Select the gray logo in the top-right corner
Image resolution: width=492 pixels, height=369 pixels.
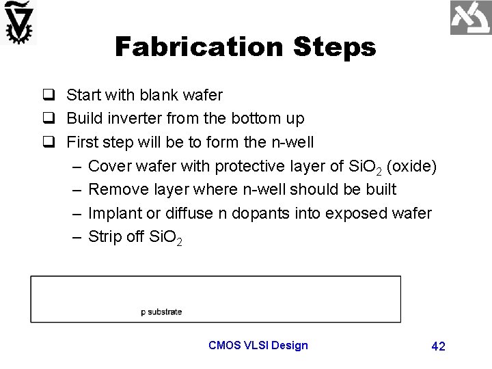click(x=470, y=18)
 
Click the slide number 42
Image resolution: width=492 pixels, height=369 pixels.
click(x=438, y=346)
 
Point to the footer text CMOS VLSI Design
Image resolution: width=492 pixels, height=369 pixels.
click(x=258, y=345)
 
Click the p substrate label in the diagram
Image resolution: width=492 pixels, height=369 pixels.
click(x=161, y=312)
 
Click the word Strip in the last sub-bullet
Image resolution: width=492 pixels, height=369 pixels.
click(x=105, y=236)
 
